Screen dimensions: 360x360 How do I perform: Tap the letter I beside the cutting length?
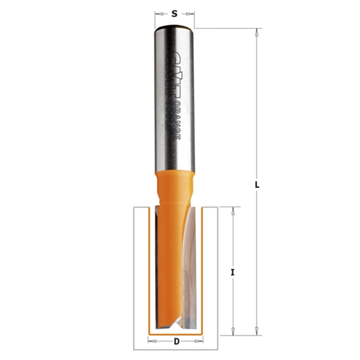point(233,270)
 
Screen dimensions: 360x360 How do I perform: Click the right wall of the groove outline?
point(216,275)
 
